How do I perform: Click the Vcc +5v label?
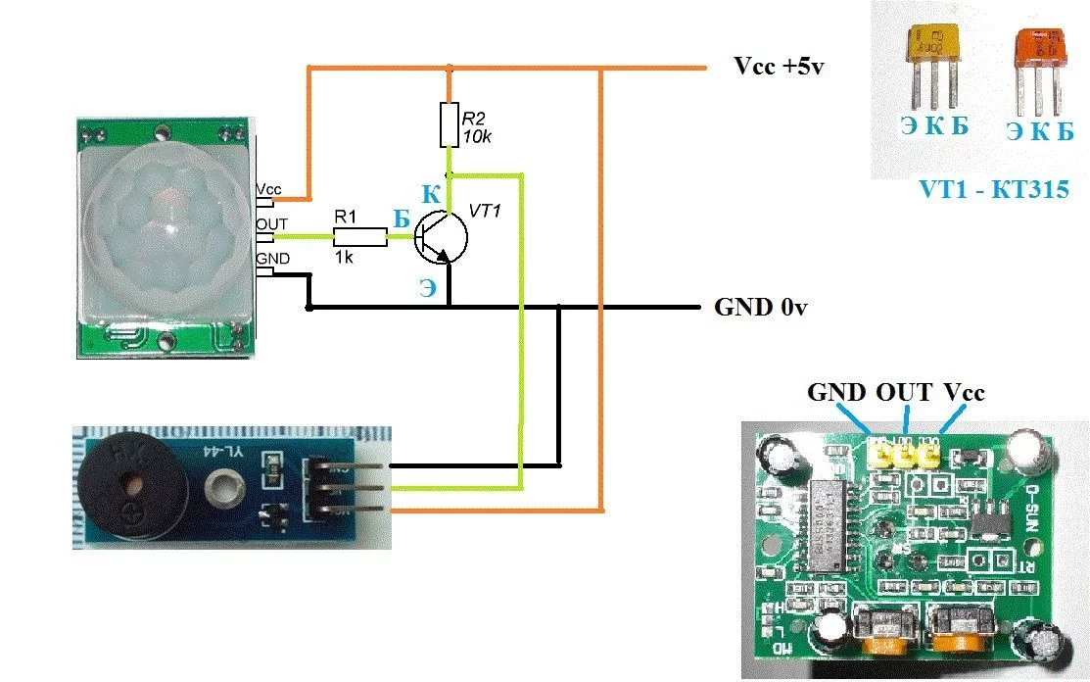point(781,68)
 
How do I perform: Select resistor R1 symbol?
point(359,236)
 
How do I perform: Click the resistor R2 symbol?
point(450,124)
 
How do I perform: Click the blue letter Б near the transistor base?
point(402,220)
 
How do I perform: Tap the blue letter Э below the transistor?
point(429,288)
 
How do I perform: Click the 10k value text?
point(478,136)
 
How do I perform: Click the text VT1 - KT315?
point(993,190)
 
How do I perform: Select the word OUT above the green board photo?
point(903,392)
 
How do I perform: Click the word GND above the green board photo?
point(835,392)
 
